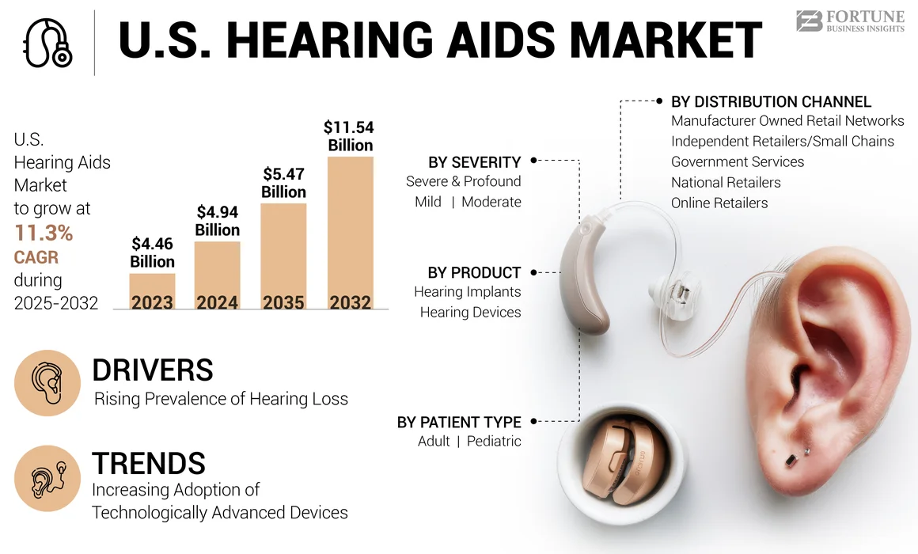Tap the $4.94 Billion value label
click(x=218, y=221)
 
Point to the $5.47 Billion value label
click(x=283, y=183)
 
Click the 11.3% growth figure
click(x=44, y=233)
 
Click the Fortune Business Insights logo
click(x=849, y=21)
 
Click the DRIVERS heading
click(x=153, y=370)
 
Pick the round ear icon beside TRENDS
click(x=47, y=478)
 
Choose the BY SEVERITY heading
click(x=474, y=162)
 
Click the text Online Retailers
click(x=719, y=203)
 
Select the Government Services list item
click(x=738, y=161)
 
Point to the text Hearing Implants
click(x=467, y=291)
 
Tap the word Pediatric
click(x=494, y=441)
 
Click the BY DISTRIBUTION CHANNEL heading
click(x=771, y=101)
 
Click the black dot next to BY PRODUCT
click(x=533, y=272)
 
